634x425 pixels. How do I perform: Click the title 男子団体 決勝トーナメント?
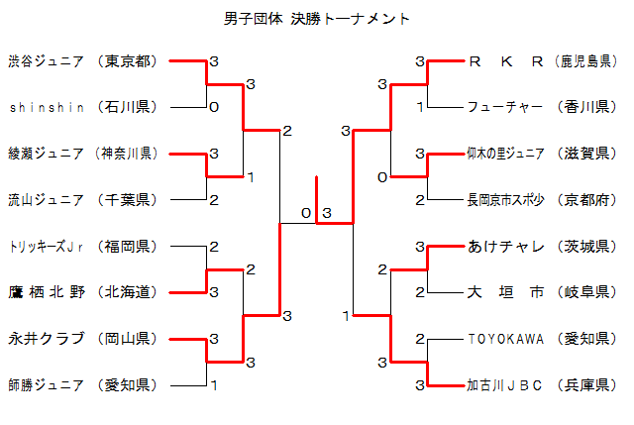pyautogui.click(x=317, y=19)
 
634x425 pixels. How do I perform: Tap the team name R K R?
pyautogui.click(x=505, y=61)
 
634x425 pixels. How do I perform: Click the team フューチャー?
pyautogui.click(x=504, y=107)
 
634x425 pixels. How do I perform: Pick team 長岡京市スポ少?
pyautogui.click(x=505, y=200)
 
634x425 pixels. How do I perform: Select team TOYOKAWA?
pyautogui.click(x=505, y=339)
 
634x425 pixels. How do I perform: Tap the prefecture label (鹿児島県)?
pyautogui.click(x=585, y=61)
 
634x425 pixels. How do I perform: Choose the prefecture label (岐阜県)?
pyautogui.click(x=585, y=292)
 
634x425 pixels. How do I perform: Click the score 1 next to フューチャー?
pyautogui.click(x=420, y=108)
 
